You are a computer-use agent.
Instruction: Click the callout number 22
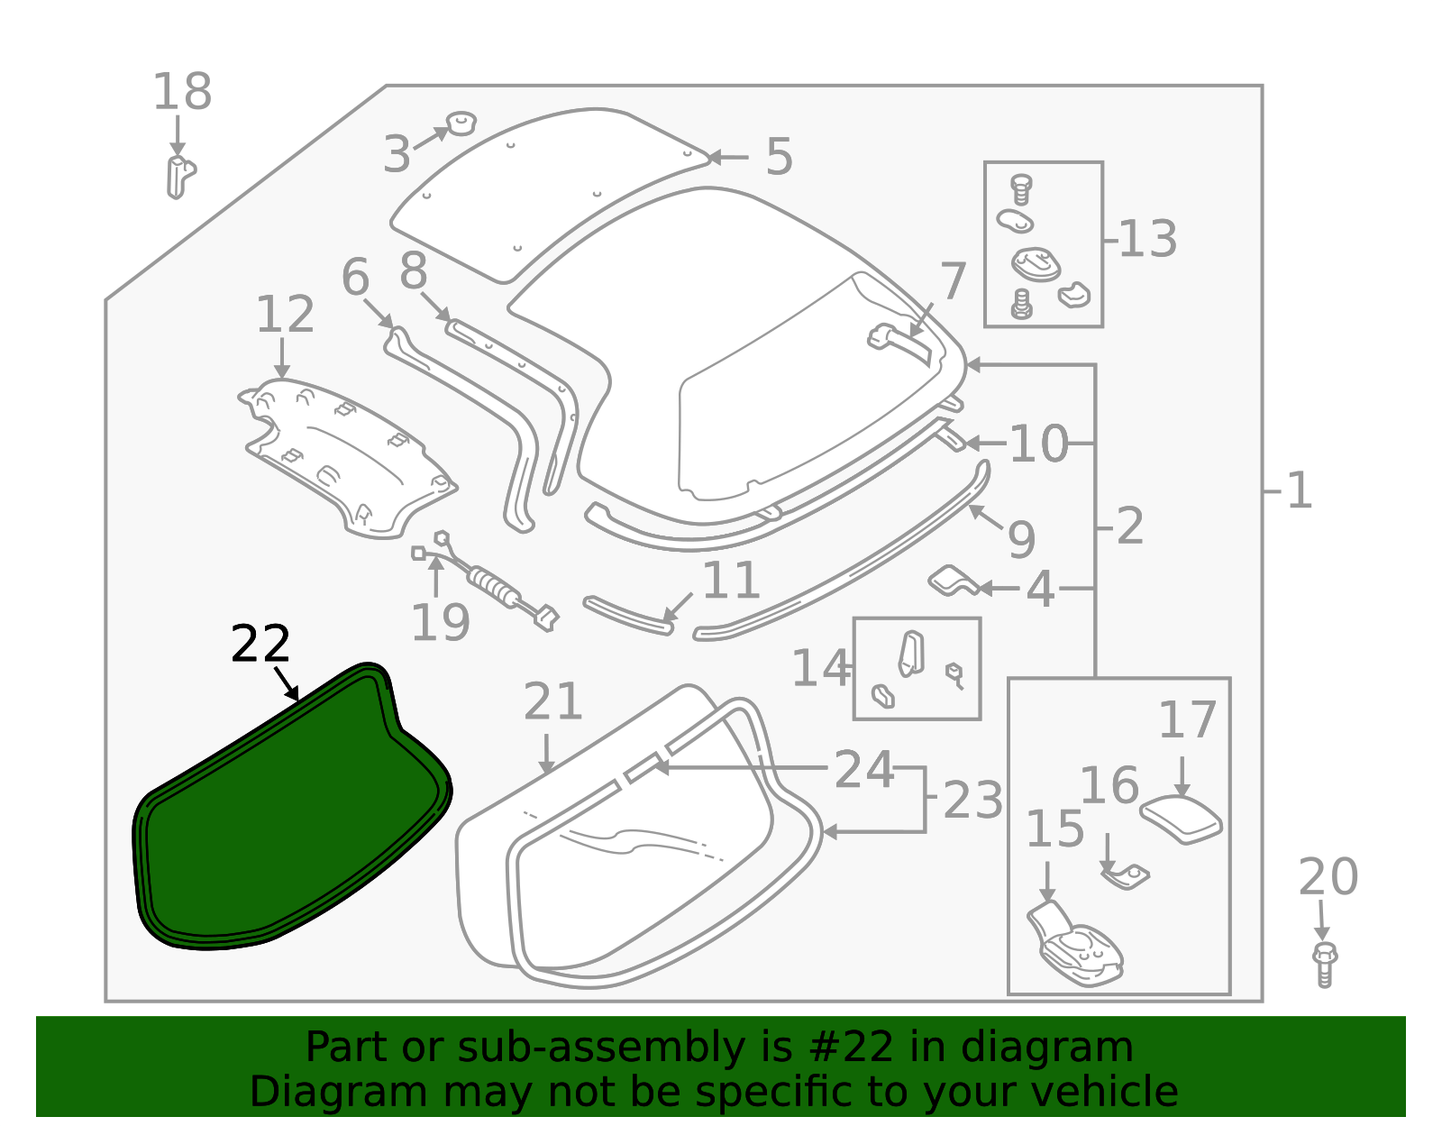pyautogui.click(x=260, y=644)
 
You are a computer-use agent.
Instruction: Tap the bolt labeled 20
pyautogui.click(x=1324, y=964)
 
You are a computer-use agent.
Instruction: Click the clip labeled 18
pyautogui.click(x=179, y=176)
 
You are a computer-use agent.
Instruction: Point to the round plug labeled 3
pyautogui.click(x=462, y=122)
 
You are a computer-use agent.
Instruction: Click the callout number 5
pyautogui.click(x=779, y=157)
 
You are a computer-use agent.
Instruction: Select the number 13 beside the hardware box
pyautogui.click(x=1147, y=240)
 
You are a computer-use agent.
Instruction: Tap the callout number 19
pyautogui.click(x=440, y=622)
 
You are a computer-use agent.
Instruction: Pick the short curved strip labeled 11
pyautogui.click(x=628, y=614)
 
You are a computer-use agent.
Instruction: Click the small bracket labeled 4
pyautogui.click(x=951, y=581)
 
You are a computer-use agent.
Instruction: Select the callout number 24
pyautogui.click(x=863, y=770)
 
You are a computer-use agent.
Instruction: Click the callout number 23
pyautogui.click(x=972, y=801)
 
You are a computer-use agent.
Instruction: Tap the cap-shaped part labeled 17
pyautogui.click(x=1182, y=819)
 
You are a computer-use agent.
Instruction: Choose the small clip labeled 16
pyautogui.click(x=1126, y=874)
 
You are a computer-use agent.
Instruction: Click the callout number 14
pyautogui.click(x=820, y=669)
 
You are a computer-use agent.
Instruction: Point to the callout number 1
pyautogui.click(x=1299, y=491)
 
